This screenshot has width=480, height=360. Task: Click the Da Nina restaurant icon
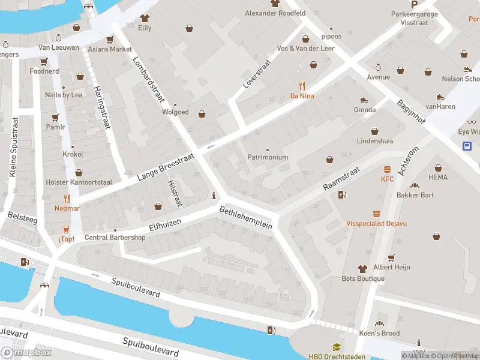tap(302, 85)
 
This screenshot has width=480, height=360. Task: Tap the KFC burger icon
tap(387, 169)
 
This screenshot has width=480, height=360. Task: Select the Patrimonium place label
tap(268, 157)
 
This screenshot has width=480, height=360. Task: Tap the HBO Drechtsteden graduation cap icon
tap(336, 347)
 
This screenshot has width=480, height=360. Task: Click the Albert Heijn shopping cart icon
tap(391, 257)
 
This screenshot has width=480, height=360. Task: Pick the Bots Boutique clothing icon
tap(362, 268)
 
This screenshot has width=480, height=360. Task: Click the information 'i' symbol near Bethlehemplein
tap(214, 196)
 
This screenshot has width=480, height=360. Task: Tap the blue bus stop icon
tap(467, 146)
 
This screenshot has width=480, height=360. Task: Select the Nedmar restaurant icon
tap(67, 198)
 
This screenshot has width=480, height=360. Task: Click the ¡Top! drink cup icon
tap(67, 229)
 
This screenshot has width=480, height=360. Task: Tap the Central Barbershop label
tap(115, 237)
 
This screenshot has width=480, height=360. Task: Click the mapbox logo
tap(26, 353)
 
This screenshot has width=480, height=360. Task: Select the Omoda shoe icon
tap(364, 100)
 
